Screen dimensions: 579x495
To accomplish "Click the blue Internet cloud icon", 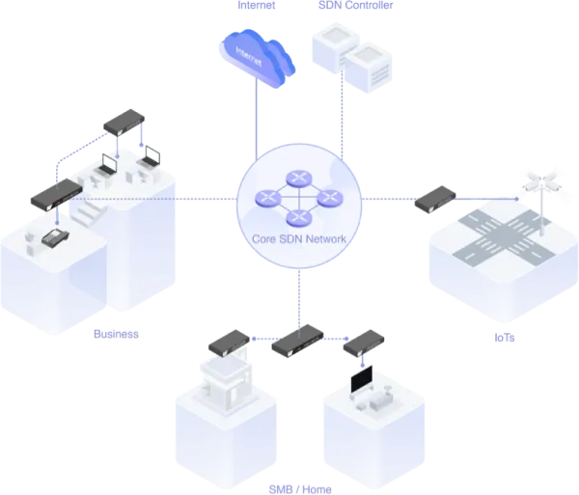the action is tap(258, 58).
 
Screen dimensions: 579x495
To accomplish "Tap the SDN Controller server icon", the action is tap(352, 58).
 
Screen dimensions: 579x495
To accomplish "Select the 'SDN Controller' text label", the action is tap(355, 5).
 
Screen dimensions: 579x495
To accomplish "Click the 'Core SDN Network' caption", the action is tap(299, 239).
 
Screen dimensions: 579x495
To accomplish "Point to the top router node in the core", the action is tap(299, 179).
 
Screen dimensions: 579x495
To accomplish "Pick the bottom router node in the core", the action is tap(299, 218).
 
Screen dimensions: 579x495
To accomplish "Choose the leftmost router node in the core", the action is tap(268, 198).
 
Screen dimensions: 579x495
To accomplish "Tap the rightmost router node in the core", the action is tap(330, 198).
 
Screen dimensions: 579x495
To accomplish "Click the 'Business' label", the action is tap(117, 334).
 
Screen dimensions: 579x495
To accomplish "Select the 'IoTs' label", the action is tap(505, 338).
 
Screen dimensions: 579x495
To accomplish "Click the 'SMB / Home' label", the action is tap(300, 489).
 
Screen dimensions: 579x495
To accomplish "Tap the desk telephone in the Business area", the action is tap(55, 238).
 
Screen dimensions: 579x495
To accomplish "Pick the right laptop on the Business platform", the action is tap(150, 157).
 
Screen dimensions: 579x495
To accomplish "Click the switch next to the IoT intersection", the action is tap(435, 200).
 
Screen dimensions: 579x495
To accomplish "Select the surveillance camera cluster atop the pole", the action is tap(541, 182).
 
